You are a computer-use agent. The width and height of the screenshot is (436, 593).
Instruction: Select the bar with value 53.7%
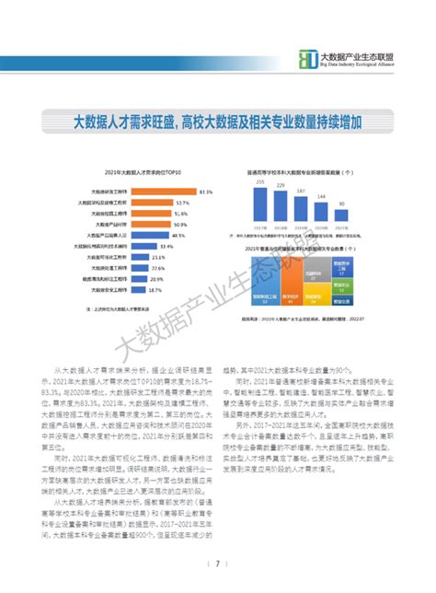153,202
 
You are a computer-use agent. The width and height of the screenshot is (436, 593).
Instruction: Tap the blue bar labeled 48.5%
151,236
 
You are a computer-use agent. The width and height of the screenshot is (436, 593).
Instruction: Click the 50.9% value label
179,224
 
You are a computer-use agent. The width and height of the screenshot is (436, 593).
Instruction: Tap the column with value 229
280,203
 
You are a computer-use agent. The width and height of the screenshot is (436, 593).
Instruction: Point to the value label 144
321,197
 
